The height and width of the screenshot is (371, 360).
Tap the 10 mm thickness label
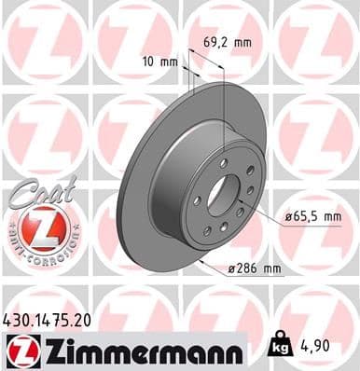pos(161,62)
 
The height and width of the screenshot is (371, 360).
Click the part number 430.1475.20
pos(54,318)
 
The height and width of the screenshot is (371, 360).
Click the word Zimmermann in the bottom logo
pos(140,350)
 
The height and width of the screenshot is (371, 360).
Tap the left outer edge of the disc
pos(124,200)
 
